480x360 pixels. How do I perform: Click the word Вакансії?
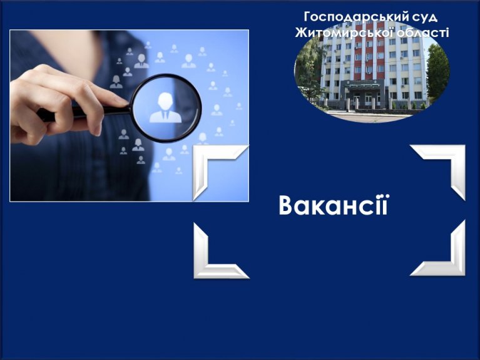[334, 205]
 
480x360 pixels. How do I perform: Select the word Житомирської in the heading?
[344, 32]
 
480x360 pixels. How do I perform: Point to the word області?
[423, 33]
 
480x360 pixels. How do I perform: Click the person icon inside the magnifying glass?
[165, 108]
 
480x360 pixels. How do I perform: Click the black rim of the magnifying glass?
[166, 76]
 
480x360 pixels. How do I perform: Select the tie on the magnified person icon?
[165, 116]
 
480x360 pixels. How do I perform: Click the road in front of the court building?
[370, 118]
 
